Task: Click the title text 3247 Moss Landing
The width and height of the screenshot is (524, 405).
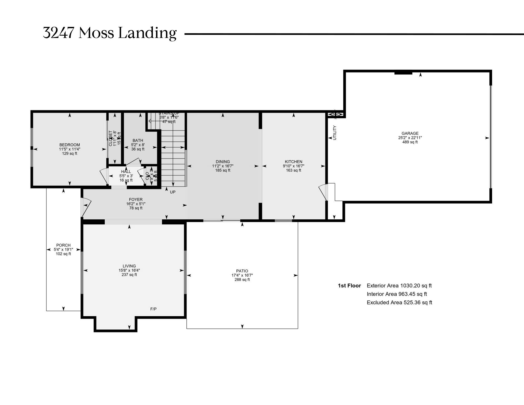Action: tap(110, 33)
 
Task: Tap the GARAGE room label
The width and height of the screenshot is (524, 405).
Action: tap(410, 133)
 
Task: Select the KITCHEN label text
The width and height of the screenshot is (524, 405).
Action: tap(293, 162)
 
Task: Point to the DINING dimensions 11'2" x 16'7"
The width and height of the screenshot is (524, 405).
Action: tap(223, 166)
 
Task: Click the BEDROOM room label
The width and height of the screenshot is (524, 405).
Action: tap(70, 145)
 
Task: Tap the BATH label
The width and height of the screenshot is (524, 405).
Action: tap(138, 141)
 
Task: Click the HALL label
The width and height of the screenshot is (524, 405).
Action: tap(126, 172)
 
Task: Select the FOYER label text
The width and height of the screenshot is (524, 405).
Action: tap(136, 200)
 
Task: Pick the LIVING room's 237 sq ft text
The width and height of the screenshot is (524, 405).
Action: tap(129, 274)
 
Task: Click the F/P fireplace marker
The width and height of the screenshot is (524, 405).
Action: tap(153, 309)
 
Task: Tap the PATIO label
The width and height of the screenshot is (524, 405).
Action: tap(242, 271)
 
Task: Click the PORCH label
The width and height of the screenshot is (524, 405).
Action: tap(63, 245)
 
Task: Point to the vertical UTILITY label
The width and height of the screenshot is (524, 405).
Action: tap(335, 133)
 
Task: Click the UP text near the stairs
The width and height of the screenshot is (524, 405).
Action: tap(173, 192)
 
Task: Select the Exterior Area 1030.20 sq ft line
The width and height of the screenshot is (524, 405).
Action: tap(399, 286)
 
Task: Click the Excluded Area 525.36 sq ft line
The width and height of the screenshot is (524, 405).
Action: tap(399, 302)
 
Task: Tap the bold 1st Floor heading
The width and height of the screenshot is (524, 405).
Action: tap(349, 286)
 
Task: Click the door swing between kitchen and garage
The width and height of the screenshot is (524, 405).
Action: tap(323, 192)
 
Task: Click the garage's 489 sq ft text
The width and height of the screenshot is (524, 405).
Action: tap(410, 142)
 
